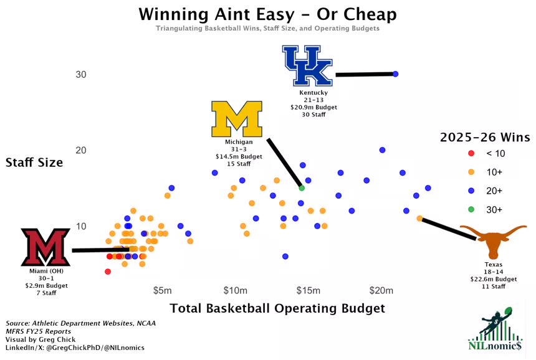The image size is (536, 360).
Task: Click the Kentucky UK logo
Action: tap(308, 66)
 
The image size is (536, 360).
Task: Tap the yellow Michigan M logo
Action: tap(237, 119)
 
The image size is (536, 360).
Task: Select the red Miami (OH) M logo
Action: tap(45, 247)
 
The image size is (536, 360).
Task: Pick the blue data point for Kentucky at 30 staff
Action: tap(395, 74)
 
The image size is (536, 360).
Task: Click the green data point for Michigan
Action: tap(302, 187)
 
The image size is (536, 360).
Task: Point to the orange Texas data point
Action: tap(419, 219)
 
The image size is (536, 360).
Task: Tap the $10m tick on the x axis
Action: tap(235, 291)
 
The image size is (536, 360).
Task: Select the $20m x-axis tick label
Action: tap(381, 291)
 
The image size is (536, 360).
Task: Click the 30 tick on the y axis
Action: tap(81, 75)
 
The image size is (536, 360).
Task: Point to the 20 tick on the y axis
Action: tap(81, 150)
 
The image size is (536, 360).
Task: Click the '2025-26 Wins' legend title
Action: tap(485, 136)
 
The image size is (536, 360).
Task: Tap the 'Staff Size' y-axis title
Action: tap(34, 163)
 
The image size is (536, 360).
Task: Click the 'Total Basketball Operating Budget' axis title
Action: tap(277, 308)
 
